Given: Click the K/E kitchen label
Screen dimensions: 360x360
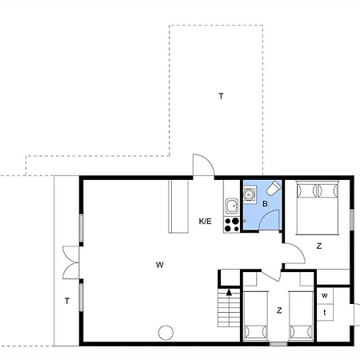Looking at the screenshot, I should (x=206, y=221).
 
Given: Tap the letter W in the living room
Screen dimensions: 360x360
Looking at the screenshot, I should (x=160, y=263).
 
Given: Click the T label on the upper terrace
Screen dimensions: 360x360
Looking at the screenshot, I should (x=221, y=96).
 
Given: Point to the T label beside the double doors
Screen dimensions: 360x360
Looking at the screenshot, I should (x=67, y=301).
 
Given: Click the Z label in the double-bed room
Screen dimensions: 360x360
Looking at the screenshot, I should (x=318, y=246).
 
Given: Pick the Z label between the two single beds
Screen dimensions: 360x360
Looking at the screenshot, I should (x=279, y=310).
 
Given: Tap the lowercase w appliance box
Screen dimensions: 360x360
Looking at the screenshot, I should (x=325, y=295).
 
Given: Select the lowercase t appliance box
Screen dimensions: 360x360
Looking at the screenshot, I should (x=325, y=311).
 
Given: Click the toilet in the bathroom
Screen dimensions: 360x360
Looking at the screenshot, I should (x=273, y=189).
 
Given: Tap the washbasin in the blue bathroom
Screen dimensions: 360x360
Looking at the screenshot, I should (x=250, y=193).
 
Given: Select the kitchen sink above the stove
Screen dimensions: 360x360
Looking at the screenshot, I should (x=232, y=205).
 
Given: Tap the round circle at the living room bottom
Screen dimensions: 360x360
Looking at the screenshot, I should (x=166, y=332).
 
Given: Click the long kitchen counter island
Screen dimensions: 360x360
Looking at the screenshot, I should (x=176, y=206).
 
